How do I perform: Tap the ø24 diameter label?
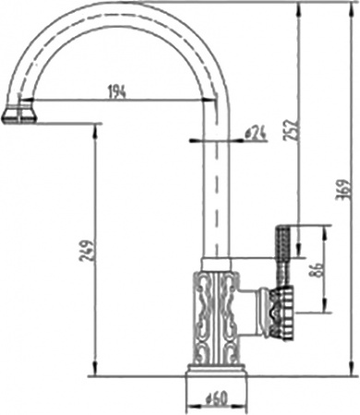click(x=256, y=134)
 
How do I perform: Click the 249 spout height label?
click(x=85, y=250)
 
